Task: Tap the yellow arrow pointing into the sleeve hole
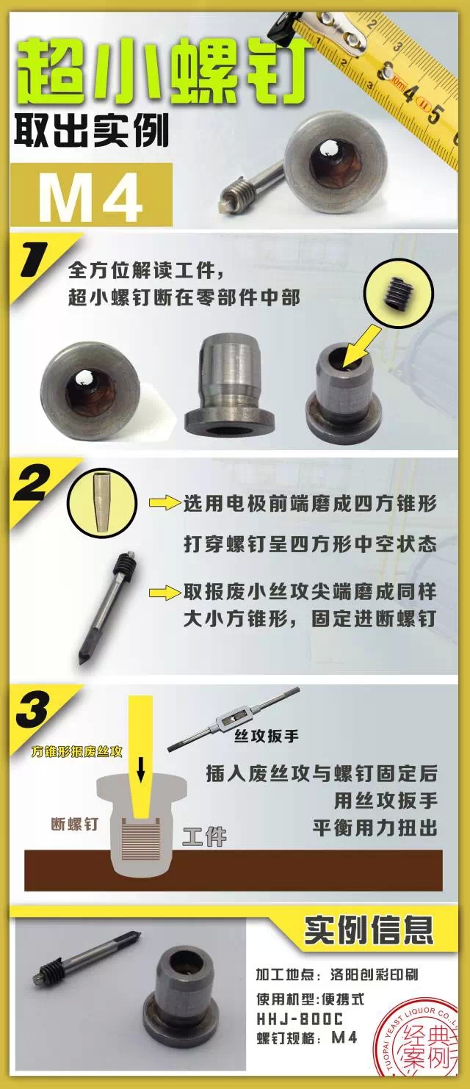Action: pos(361,346)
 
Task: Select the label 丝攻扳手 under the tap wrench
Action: pos(267,736)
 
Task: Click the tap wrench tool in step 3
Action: pos(234,719)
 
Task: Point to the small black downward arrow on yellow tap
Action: pos(141,770)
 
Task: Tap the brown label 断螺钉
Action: pos(75,824)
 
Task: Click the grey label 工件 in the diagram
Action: pos(205,836)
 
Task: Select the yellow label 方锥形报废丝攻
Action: pos(77,752)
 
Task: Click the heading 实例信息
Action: pos(369,930)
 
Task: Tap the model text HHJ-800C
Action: pos(300,1019)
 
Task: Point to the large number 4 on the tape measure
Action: pos(411,93)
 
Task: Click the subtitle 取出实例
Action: pos(91,130)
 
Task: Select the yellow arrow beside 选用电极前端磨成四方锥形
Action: pos(164,503)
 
